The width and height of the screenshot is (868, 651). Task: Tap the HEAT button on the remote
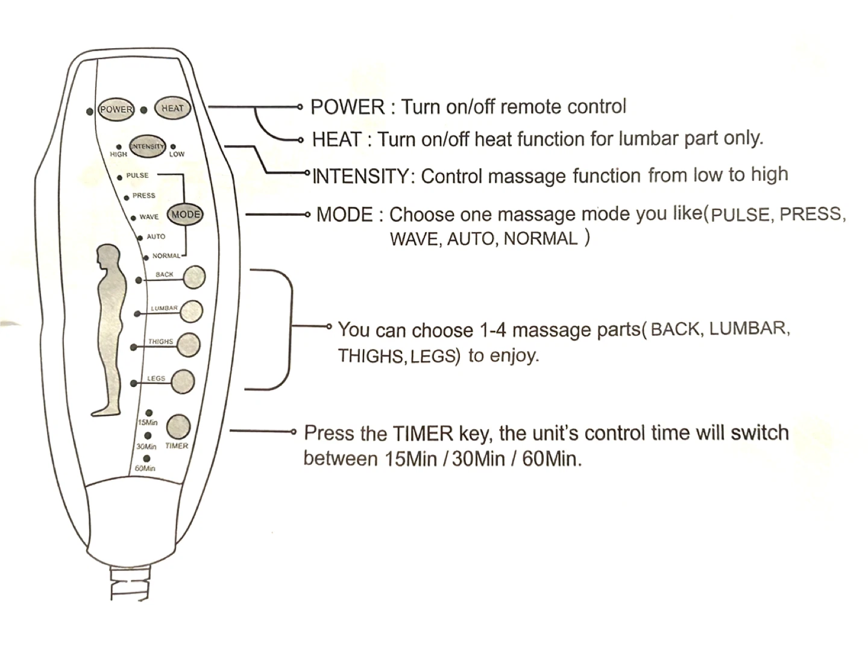(172, 108)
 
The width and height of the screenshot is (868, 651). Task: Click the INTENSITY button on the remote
(147, 146)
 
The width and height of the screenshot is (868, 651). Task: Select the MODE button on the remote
(184, 215)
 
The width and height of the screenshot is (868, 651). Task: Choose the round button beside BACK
(194, 277)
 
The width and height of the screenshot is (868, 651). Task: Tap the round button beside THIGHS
(189, 345)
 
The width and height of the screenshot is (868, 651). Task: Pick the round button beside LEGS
(183, 382)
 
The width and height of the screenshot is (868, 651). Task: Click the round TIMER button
(178, 426)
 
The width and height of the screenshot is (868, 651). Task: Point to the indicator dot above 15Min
(149, 413)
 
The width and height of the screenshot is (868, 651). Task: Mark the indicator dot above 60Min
(146, 459)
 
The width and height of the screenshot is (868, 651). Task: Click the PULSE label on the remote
(137, 175)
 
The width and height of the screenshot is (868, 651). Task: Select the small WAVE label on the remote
(149, 217)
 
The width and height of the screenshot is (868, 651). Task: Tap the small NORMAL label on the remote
(166, 256)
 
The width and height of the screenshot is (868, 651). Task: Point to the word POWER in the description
(347, 107)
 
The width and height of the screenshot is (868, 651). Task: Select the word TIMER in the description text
(423, 433)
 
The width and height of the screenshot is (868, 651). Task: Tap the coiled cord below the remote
(129, 583)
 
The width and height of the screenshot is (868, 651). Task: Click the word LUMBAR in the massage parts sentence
(747, 329)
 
